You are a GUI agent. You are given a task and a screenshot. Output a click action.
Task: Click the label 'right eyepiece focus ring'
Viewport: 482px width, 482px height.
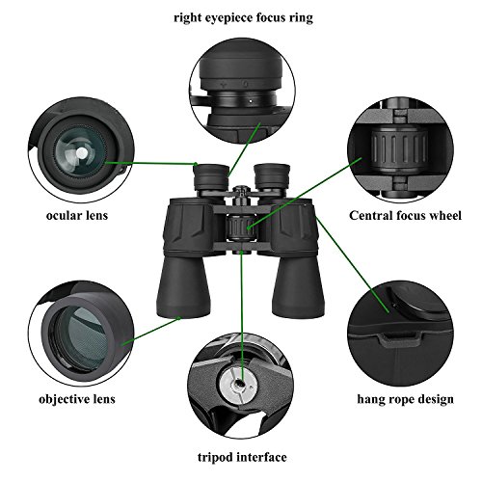[243, 18]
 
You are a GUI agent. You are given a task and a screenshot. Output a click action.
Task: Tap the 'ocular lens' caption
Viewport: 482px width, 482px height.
[77, 215]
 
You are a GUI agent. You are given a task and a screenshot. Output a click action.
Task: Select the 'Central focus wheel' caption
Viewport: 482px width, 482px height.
[405, 215]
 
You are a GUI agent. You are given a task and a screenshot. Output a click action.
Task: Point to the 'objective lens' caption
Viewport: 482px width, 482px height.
[77, 399]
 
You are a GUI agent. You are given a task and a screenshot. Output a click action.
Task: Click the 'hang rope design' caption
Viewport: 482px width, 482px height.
[405, 399]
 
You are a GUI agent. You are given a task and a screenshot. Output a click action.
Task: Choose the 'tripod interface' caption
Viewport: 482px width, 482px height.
[242, 457]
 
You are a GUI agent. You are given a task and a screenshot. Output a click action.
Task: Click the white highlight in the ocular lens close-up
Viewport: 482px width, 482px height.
[82, 152]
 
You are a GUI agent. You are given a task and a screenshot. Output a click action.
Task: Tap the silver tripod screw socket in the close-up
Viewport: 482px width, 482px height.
[238, 385]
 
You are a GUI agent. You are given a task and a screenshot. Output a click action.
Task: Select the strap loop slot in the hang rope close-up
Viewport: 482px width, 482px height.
[400, 339]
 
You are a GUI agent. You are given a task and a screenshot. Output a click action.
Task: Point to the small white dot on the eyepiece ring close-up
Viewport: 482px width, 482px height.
[251, 100]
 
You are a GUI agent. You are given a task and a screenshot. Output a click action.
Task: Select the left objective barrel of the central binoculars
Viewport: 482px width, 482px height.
[182, 286]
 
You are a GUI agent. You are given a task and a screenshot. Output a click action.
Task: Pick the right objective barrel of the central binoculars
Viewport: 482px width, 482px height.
[298, 285]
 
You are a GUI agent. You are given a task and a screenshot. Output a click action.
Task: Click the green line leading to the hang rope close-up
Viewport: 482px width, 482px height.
[353, 264]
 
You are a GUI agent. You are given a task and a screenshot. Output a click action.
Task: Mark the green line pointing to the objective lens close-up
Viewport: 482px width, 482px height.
[151, 332]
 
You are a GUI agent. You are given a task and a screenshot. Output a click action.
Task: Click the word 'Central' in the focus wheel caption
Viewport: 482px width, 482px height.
[370, 215]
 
